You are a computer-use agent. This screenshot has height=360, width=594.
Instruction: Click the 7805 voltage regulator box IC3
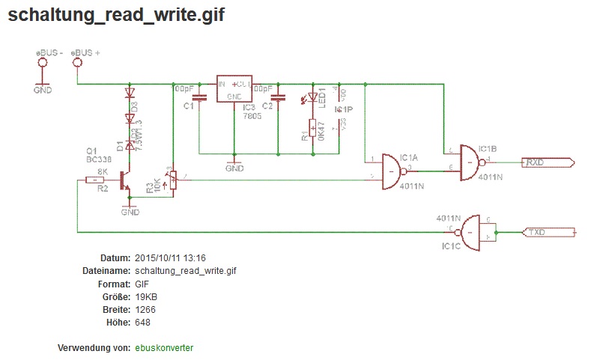click(234, 91)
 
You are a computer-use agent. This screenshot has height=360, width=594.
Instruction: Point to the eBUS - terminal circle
click(42, 64)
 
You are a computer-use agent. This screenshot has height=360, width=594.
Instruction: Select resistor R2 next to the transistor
click(95, 180)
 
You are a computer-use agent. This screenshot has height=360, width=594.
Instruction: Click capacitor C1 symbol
click(199, 97)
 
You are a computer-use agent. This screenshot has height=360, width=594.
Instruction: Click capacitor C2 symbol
click(279, 97)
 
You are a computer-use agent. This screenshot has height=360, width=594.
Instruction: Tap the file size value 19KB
click(146, 297)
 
